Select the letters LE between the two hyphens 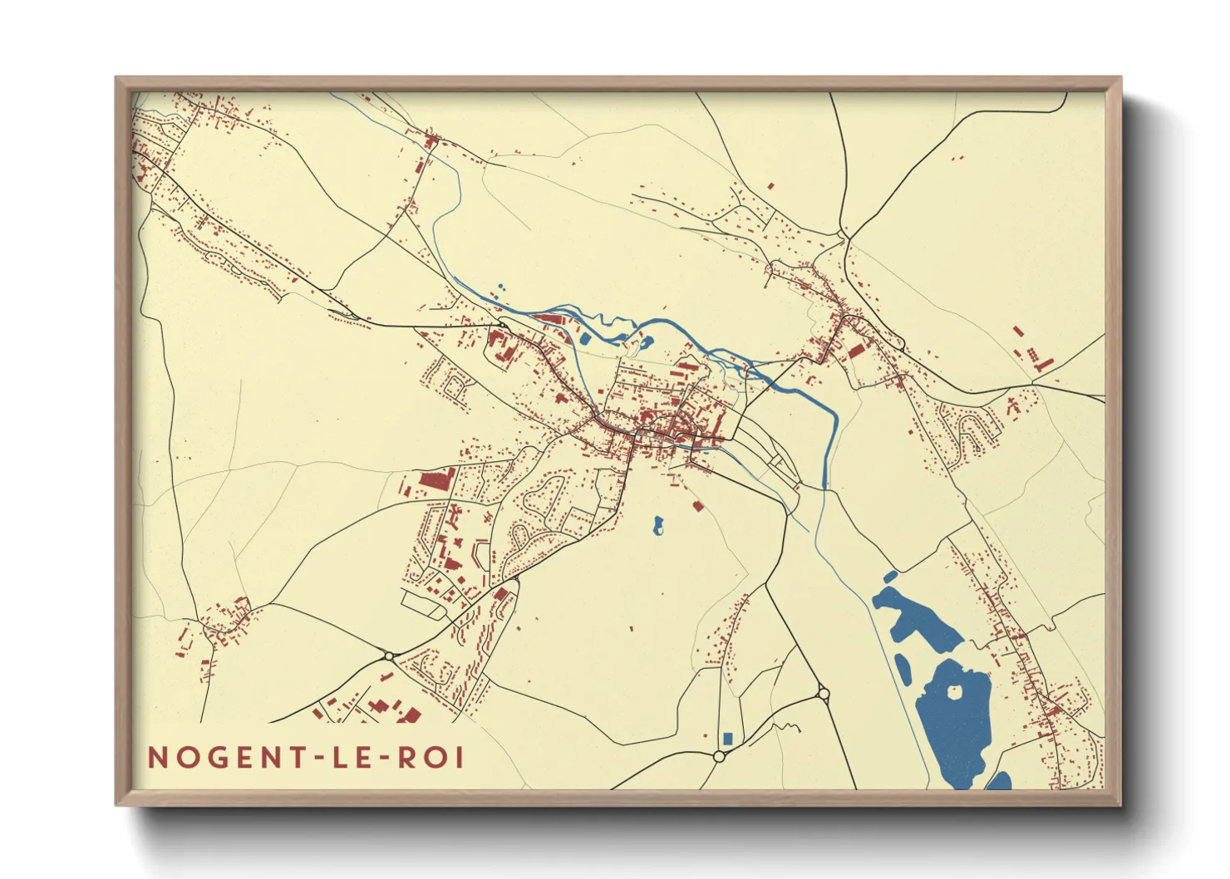(x=352, y=758)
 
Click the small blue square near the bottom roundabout (x=728, y=738)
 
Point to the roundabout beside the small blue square (x=719, y=756)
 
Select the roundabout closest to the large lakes (x=823, y=692)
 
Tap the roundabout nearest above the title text (x=389, y=656)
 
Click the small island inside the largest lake (x=952, y=690)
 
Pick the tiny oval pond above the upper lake (x=890, y=576)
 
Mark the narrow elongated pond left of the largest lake (x=903, y=669)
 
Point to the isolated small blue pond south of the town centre (x=658, y=525)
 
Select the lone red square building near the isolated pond (x=697, y=504)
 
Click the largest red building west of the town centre (x=435, y=479)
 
